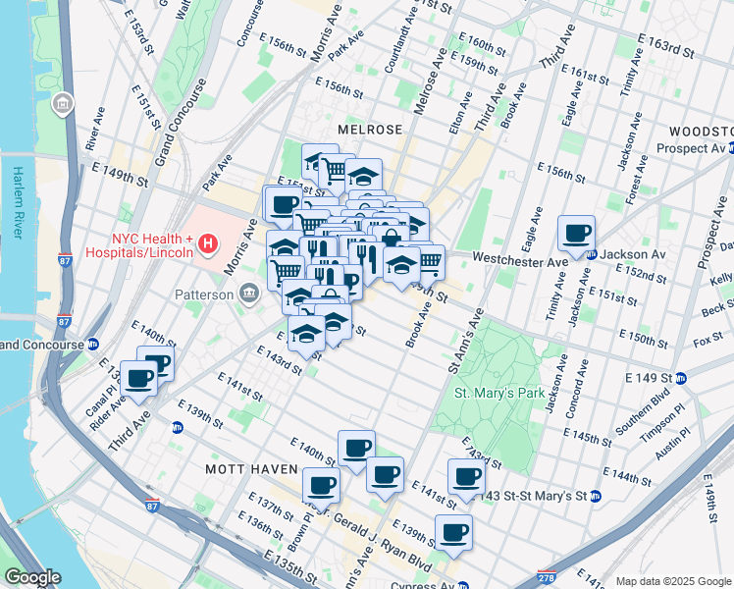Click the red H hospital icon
coord(206,242)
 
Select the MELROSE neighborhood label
coord(370,130)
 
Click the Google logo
coord(32,578)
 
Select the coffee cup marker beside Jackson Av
coord(577,234)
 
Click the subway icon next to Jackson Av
coord(593,254)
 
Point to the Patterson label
coord(204,294)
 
